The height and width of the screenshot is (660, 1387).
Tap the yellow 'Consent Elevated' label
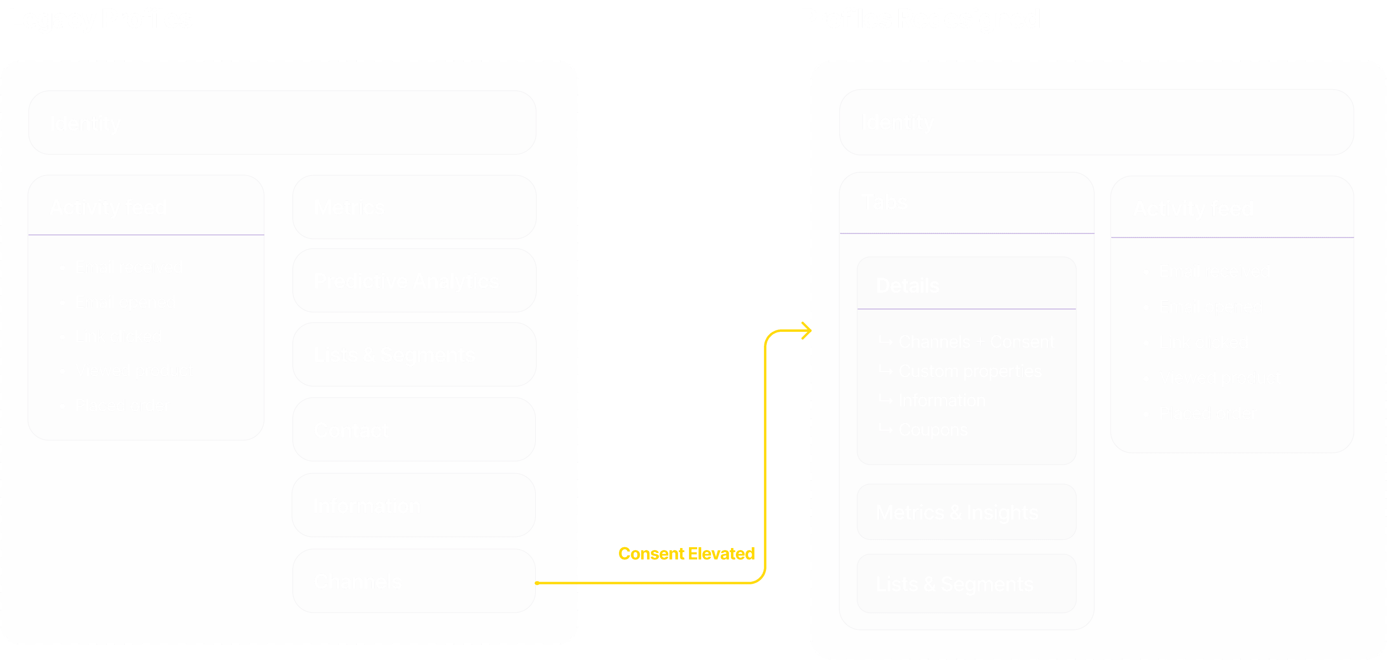[x=686, y=553]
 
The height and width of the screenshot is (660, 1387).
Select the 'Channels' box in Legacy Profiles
[x=413, y=581]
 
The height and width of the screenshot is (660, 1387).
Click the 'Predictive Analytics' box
[x=413, y=281]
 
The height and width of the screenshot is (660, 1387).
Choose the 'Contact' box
[x=413, y=430]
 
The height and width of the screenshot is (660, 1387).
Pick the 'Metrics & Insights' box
[x=966, y=512]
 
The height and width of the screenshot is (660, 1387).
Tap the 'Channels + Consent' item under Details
[x=976, y=342]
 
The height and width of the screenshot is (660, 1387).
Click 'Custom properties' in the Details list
[x=969, y=371]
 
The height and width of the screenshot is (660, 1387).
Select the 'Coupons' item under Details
[x=933, y=430]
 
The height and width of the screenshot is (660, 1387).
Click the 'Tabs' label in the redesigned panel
[x=884, y=202]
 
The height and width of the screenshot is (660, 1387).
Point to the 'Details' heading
[x=907, y=285]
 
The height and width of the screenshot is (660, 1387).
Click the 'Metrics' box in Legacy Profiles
[x=413, y=207]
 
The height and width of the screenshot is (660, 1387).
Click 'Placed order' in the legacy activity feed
[x=122, y=406]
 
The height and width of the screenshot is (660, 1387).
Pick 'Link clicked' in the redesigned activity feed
[x=1203, y=342]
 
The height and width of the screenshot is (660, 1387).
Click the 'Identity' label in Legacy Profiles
[x=85, y=123]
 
